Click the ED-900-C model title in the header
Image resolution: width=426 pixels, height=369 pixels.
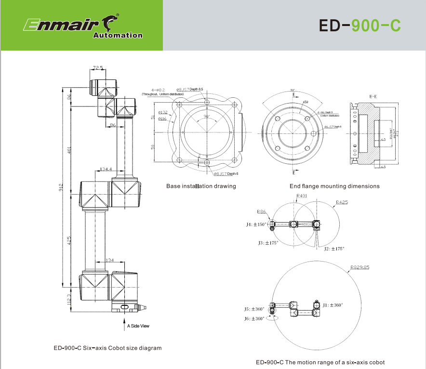359,26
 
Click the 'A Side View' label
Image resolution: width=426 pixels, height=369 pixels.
138,326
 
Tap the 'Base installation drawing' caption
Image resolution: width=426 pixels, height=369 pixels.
201,186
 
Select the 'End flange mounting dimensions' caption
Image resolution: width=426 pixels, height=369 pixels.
334,186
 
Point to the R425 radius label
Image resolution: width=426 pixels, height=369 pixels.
342,203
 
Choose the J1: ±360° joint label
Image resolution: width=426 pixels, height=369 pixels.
333,305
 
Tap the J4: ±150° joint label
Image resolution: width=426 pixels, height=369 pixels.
256,224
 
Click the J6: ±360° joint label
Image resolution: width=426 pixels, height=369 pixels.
254,319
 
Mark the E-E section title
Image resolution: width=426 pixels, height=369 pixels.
373,97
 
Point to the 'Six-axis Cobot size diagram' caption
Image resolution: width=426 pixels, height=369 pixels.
107,348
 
